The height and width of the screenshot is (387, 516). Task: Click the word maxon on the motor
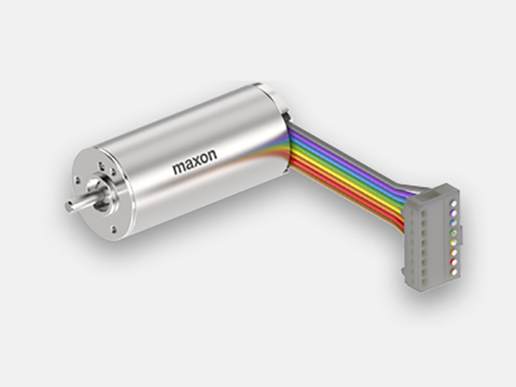pos(195,161)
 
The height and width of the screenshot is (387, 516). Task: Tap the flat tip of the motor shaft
pos(69,206)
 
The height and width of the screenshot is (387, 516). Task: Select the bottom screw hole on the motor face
pos(114,229)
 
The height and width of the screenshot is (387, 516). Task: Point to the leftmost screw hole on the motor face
pos(77,180)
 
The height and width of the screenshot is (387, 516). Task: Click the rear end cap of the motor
pos(276,98)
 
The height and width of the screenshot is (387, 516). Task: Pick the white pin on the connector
pos(455,203)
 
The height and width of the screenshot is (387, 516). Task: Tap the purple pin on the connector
pos(455,213)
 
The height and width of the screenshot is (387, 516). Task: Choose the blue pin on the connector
pos(455,223)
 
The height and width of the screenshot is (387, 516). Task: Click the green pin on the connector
pos(455,233)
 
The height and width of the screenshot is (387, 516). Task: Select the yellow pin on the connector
pos(455,243)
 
